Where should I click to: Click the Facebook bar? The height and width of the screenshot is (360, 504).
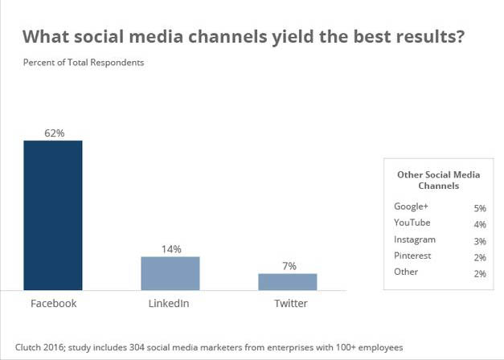(x=53, y=215)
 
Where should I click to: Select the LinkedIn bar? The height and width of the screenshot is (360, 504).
(x=170, y=273)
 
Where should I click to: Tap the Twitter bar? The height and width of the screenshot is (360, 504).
(x=287, y=281)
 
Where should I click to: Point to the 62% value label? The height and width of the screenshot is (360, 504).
(x=54, y=132)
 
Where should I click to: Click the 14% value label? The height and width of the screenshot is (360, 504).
(x=170, y=248)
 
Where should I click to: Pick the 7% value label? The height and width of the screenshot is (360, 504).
(x=289, y=265)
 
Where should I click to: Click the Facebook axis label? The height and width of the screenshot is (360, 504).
(x=53, y=304)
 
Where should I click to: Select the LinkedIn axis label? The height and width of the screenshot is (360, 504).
(x=170, y=304)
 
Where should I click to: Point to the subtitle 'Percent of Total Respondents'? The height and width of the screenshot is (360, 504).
(x=84, y=63)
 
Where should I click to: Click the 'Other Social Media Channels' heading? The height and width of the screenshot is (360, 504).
(x=438, y=179)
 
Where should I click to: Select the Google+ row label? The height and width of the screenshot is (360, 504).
(x=411, y=207)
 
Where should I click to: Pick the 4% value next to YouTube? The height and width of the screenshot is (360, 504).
(x=479, y=224)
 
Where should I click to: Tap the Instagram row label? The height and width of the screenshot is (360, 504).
(x=415, y=239)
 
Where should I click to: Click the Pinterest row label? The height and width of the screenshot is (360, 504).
(x=412, y=256)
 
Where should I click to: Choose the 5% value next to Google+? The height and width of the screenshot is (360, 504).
(x=479, y=208)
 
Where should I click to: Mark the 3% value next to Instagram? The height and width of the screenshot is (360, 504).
(x=479, y=240)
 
